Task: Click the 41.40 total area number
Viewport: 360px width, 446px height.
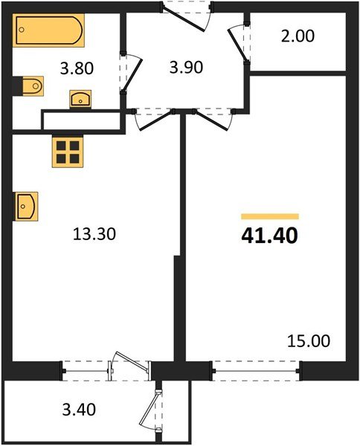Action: pyautogui.click(x=269, y=236)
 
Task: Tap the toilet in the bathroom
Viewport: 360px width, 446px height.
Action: pyautogui.click(x=31, y=87)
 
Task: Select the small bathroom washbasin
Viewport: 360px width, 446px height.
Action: pyautogui.click(x=80, y=98)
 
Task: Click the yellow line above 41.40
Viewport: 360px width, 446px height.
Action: pyautogui.click(x=269, y=216)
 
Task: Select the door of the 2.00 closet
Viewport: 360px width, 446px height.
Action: pyautogui.click(x=240, y=45)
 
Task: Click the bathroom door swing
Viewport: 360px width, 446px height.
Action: pyautogui.click(x=128, y=74)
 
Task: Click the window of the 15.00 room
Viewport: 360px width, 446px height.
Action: pyautogui.click(x=257, y=366)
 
